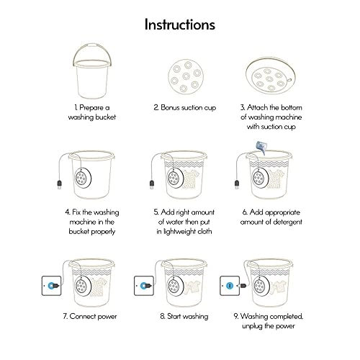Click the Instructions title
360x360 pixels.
click(x=179, y=24)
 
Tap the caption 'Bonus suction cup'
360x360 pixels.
click(x=180, y=107)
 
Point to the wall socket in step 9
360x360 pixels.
click(x=230, y=286)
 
